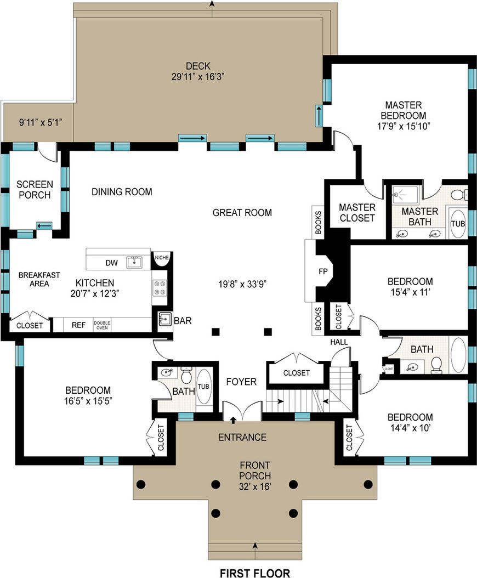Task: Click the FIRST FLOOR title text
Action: click(x=255, y=573)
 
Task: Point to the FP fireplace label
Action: click(x=323, y=271)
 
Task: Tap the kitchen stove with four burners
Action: click(x=159, y=288)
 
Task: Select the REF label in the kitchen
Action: click(x=78, y=325)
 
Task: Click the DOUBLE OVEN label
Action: click(x=101, y=325)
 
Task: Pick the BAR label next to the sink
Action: click(x=183, y=321)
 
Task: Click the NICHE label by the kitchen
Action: click(x=162, y=257)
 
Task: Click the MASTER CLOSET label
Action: click(x=357, y=212)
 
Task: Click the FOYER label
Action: click(x=241, y=381)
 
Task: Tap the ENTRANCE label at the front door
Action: click(x=242, y=437)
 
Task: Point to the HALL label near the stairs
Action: click(x=339, y=342)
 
